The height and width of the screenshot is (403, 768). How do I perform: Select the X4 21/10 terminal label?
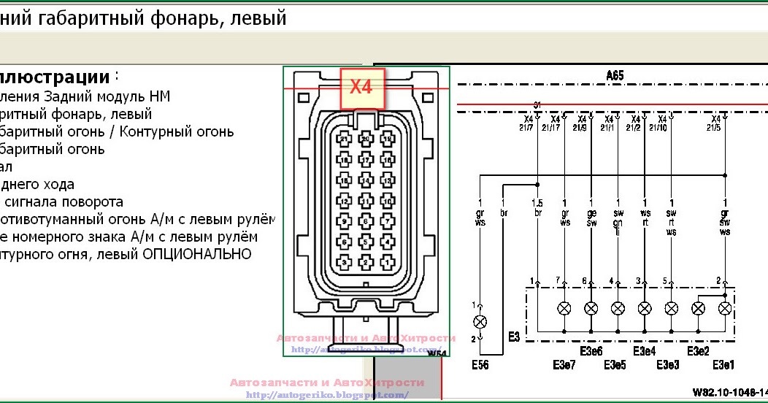(662, 123)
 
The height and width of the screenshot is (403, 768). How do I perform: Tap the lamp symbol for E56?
(480, 321)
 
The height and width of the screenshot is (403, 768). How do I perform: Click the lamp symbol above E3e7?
(564, 308)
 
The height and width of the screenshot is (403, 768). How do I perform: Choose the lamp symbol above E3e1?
(724, 308)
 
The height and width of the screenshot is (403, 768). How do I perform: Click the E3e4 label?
(644, 351)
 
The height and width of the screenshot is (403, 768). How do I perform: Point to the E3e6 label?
(591, 351)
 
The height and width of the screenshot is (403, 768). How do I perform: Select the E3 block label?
(514, 337)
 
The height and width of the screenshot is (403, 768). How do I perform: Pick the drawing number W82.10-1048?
(727, 392)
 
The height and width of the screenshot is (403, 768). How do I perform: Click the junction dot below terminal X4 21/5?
(724, 175)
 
